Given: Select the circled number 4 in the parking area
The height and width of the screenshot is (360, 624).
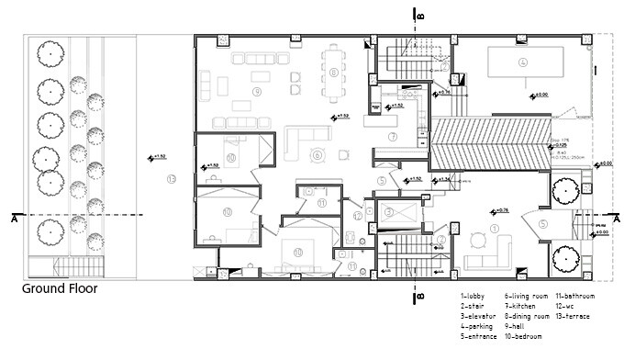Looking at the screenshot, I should coord(522,62).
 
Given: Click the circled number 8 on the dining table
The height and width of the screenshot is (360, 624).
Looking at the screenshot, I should coord(334,71).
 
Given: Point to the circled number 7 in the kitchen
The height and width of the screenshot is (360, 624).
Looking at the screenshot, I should coord(392,137).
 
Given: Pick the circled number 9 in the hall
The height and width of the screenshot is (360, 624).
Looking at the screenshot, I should coord(318,155).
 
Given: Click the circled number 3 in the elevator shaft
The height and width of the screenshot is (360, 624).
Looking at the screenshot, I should coord(390,211).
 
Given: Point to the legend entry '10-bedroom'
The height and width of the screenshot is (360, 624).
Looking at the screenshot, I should coord(527,336).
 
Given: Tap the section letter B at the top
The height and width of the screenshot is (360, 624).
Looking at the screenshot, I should coord(418,15).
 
